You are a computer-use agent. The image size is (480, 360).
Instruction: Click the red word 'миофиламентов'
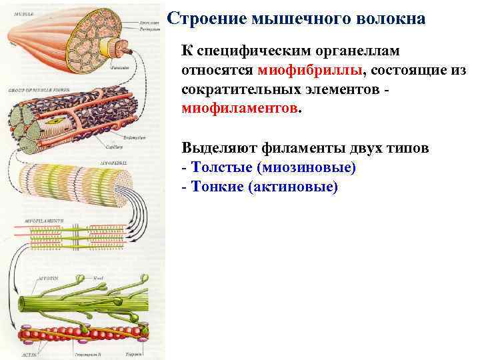[241, 107]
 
